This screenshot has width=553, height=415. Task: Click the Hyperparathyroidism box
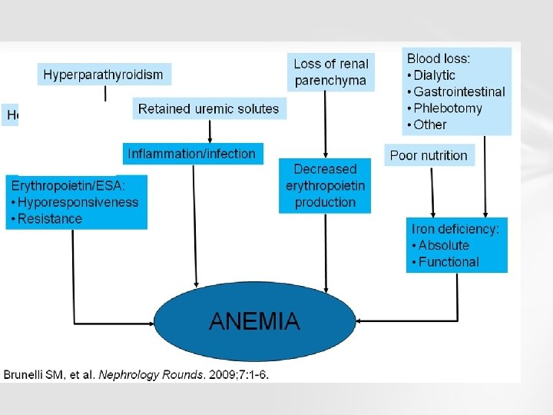[x=104, y=75]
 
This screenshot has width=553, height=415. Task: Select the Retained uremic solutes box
[x=208, y=108]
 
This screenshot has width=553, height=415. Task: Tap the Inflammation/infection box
[x=192, y=153]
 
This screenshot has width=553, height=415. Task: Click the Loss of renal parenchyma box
[x=331, y=72]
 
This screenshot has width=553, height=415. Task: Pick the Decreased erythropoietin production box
[x=326, y=185]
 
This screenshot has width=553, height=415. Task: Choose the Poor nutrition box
[x=429, y=155]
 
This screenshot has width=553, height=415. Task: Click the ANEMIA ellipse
[x=254, y=321]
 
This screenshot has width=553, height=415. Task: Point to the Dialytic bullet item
[x=434, y=75]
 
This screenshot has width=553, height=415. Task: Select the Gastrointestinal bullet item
[x=459, y=91]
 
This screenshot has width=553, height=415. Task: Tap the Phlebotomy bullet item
[x=447, y=108]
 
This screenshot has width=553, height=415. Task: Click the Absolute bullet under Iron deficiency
[x=443, y=245]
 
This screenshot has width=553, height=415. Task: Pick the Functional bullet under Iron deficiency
[x=448, y=261]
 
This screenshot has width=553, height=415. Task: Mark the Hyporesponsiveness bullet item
[x=78, y=202]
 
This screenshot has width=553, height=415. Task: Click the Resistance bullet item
[x=49, y=218]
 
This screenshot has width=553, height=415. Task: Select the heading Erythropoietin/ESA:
[x=70, y=185]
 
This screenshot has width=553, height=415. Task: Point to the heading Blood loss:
[x=439, y=58]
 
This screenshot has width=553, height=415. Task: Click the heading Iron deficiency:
[x=455, y=228]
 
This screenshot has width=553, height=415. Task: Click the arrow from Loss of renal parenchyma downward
[x=326, y=123]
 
